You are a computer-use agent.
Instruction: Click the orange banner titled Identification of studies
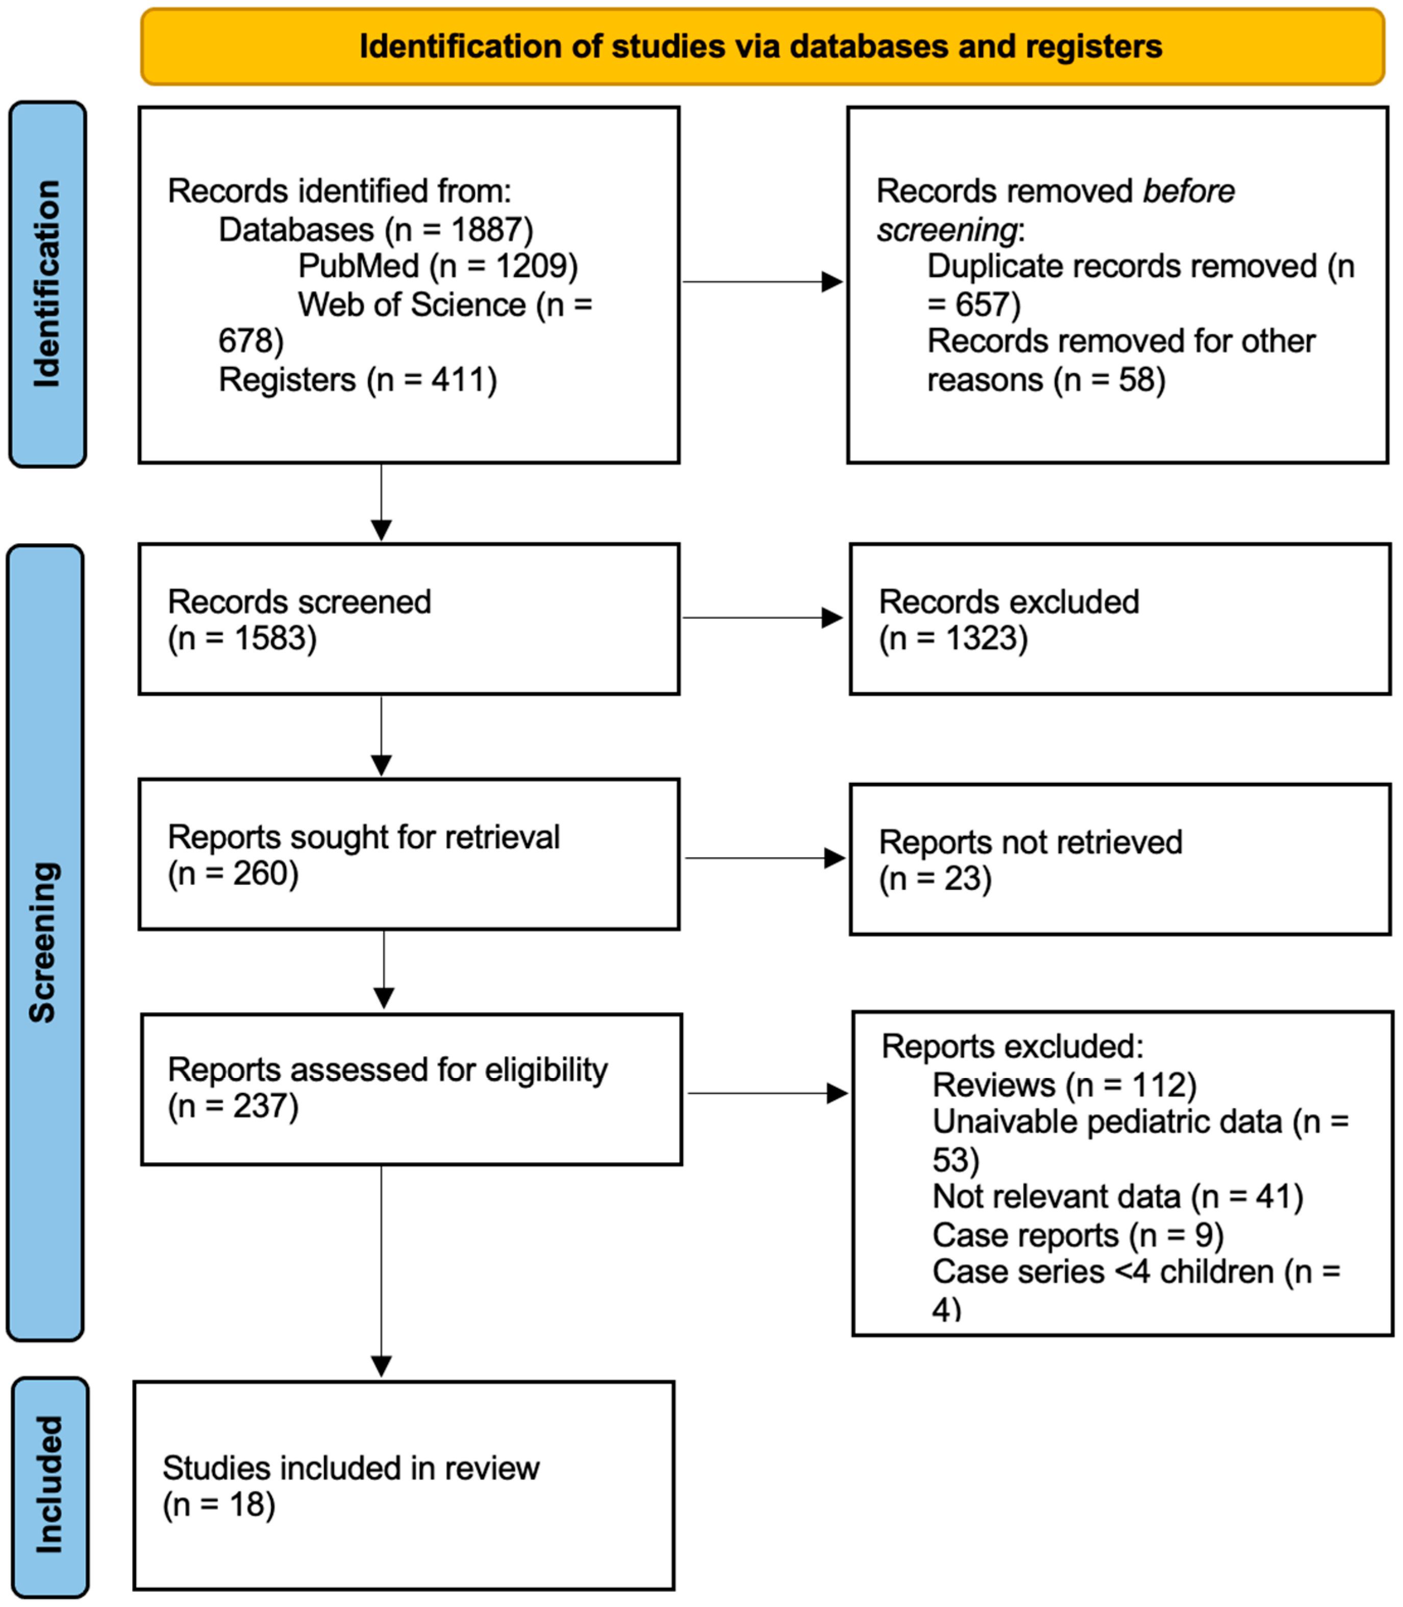click(761, 46)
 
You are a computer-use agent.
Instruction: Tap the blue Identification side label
click(47, 284)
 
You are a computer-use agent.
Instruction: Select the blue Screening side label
click(44, 942)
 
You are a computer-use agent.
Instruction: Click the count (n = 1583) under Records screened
click(242, 638)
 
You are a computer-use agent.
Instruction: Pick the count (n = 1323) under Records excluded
click(953, 638)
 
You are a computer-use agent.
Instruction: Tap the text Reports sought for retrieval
click(363, 837)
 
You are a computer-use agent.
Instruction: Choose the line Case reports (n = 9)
click(1078, 1235)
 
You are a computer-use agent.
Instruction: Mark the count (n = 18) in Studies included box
click(218, 1504)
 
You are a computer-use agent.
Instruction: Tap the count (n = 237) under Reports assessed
click(233, 1106)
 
